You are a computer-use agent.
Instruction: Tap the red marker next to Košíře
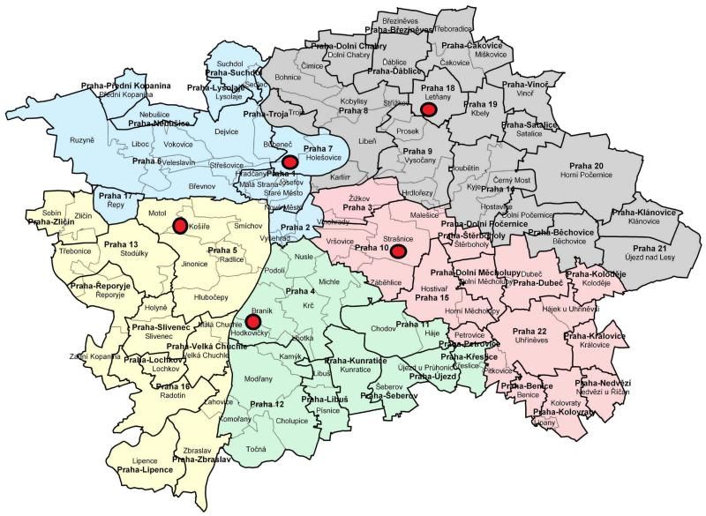(180, 227)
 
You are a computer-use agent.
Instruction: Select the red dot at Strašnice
(399, 252)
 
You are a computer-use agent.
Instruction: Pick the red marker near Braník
(252, 322)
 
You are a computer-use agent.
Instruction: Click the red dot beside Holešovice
(289, 161)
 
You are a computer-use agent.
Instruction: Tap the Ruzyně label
(81, 140)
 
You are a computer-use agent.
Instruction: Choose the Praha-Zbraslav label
(201, 460)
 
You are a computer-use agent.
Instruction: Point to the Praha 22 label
(529, 331)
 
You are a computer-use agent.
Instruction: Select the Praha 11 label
(411, 325)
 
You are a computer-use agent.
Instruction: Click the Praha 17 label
(115, 195)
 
